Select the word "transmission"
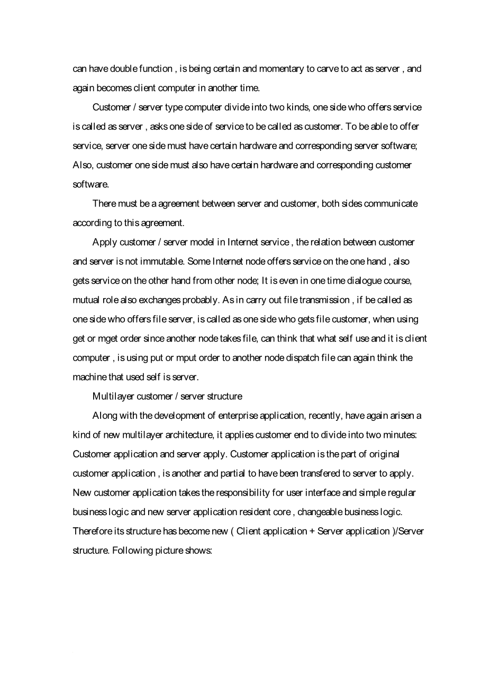tap(324, 300)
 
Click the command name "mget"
tap(108, 339)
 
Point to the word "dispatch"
tap(303, 358)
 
